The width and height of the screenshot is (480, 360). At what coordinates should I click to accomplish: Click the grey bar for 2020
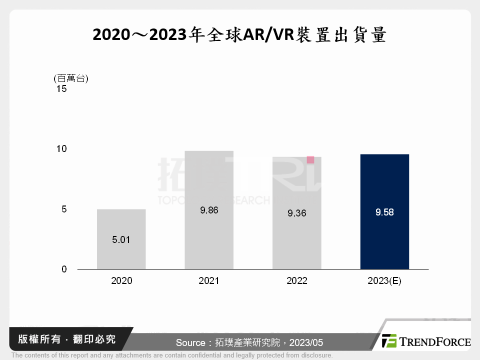(121, 239)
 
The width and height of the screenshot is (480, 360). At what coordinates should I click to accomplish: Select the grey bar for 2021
(208, 210)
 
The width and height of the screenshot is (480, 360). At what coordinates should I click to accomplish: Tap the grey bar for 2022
(296, 213)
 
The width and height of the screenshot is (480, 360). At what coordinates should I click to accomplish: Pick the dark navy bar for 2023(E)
(384, 211)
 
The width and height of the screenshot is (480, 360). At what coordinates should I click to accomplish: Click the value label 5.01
(121, 239)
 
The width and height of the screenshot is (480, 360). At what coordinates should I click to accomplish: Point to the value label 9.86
(209, 210)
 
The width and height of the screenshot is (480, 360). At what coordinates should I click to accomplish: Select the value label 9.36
(296, 213)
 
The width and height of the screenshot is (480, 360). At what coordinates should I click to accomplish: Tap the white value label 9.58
(384, 212)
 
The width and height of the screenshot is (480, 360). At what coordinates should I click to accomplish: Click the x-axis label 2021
(209, 281)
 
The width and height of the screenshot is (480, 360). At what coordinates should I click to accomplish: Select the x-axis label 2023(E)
(384, 281)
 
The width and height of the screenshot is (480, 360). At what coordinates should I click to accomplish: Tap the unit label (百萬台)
(70, 77)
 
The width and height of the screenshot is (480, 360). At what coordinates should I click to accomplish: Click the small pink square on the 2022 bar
(310, 160)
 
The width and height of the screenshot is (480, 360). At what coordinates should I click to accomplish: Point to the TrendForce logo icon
(389, 341)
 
